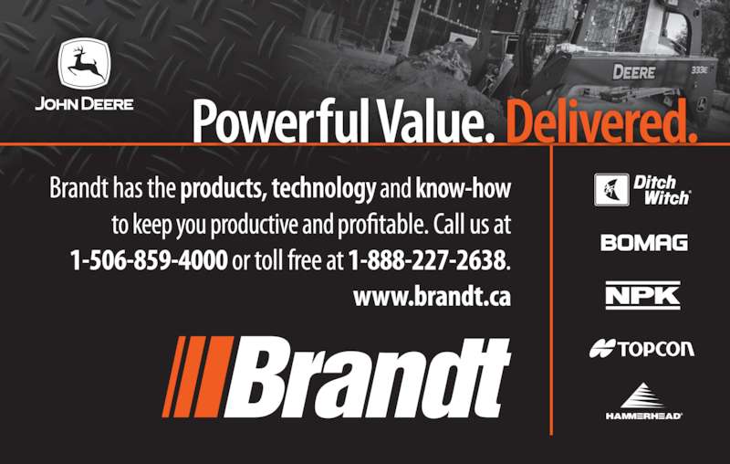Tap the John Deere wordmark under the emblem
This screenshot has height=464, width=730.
click(x=84, y=103)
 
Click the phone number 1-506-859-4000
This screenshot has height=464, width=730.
click(x=149, y=261)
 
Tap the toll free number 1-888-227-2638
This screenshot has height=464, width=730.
click(x=427, y=261)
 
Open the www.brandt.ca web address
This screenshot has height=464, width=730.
click(x=432, y=297)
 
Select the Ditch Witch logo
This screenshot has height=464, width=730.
click(x=641, y=189)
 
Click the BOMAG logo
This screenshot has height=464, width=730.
click(x=643, y=243)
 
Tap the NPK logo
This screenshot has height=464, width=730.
click(x=642, y=295)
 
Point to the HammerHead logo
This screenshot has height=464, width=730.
click(x=643, y=402)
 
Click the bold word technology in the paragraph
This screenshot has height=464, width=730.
click(x=323, y=190)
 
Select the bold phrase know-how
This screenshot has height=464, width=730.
click(x=463, y=190)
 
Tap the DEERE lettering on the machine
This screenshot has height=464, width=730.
click(x=634, y=70)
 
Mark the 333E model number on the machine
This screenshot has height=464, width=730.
click(x=701, y=69)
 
